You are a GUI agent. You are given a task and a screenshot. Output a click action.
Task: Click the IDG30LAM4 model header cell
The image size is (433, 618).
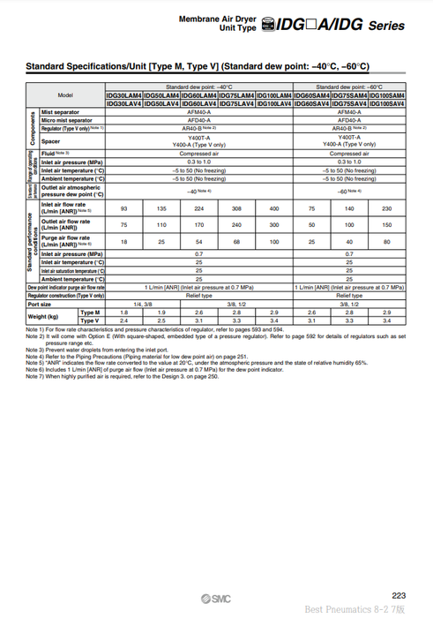coord(123,95)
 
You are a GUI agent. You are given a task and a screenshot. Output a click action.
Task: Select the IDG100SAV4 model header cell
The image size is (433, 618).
coord(387,103)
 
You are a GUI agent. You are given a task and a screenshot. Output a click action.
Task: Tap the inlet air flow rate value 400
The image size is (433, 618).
coord(274,208)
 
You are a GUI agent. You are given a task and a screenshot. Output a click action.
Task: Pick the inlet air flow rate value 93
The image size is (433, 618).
coord(124,208)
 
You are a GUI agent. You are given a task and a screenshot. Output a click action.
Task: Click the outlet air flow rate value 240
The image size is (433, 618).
coord(236,224)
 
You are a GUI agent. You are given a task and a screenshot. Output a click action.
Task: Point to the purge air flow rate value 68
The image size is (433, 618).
coord(236,240)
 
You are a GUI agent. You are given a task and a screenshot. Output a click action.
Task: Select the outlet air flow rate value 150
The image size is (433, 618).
coord(387,224)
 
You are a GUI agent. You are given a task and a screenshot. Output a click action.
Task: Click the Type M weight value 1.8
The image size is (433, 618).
coord(124,313)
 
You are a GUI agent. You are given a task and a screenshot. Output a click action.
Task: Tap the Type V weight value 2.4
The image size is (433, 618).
coord(124,320)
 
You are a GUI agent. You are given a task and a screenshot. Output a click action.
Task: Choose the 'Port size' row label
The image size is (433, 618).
coord(40,304)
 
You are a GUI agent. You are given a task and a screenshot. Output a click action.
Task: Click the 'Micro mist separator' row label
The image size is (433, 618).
coord(67,120)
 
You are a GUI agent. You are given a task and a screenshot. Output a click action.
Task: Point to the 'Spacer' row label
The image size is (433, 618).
coord(50,140)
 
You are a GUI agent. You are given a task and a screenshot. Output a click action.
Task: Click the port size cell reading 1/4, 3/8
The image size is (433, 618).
coord(143,304)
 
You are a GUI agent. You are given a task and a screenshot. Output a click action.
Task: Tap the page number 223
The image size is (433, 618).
coord(399,595)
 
